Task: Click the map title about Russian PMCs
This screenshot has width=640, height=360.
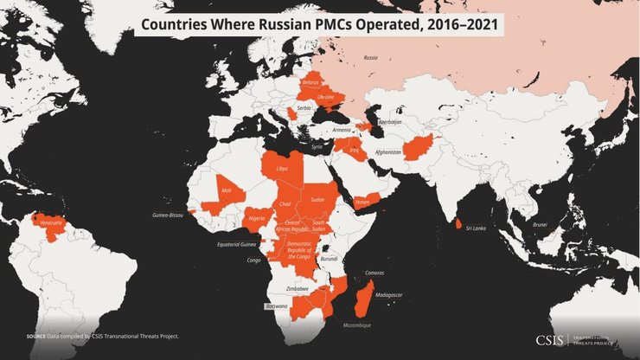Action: tap(319, 24)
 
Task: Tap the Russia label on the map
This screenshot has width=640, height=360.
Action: tap(370, 58)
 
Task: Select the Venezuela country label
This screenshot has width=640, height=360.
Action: tap(53, 223)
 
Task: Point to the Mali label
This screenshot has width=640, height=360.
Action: tap(227, 190)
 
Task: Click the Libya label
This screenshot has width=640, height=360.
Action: tap(281, 168)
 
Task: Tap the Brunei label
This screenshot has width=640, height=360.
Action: tap(540, 224)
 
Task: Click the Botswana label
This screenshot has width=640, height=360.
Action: tap(276, 305)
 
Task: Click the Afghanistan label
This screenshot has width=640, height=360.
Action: tap(388, 152)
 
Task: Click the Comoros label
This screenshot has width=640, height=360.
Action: tap(374, 273)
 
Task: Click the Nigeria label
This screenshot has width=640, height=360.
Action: tap(256, 219)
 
